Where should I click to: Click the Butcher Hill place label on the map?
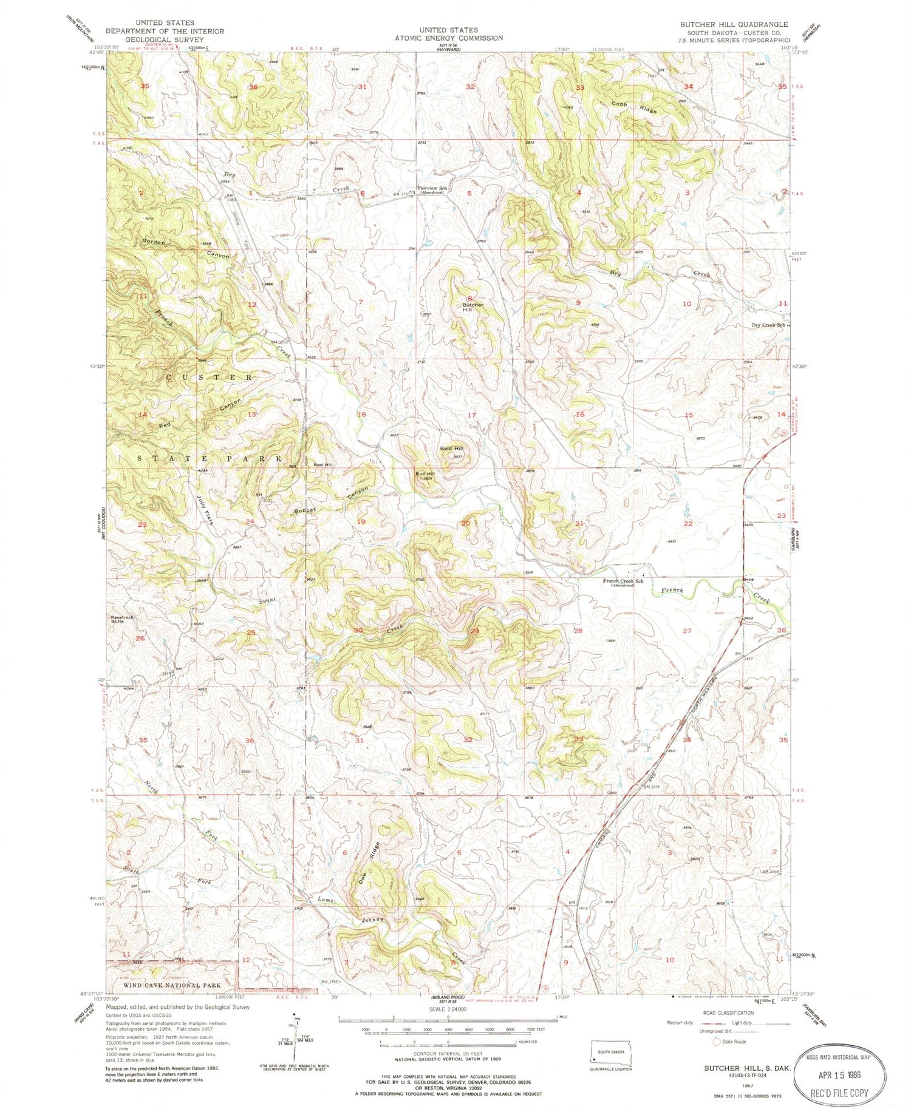tap(473, 307)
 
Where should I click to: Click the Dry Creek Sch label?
tap(768, 325)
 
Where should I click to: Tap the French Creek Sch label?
tap(623, 582)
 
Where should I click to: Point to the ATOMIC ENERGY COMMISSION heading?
tap(449, 38)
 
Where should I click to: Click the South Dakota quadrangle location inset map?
tap(610, 1053)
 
